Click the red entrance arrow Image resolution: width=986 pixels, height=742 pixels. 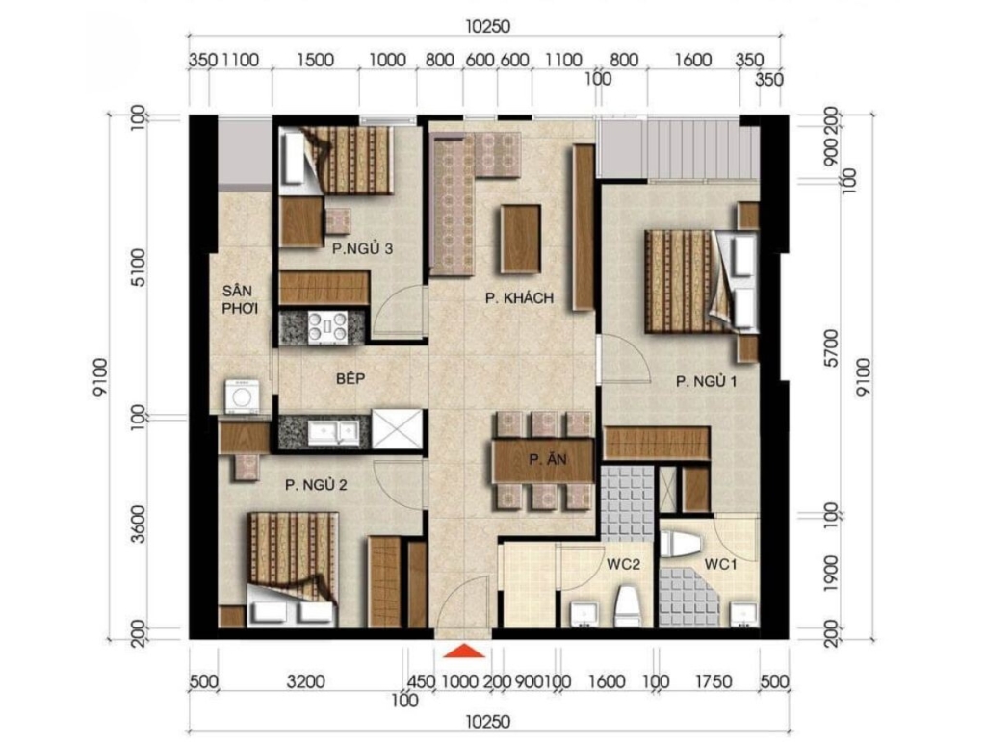(x=464, y=651)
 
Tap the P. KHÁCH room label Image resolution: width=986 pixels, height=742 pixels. (x=519, y=297)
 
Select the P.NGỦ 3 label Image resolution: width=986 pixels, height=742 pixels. (x=363, y=249)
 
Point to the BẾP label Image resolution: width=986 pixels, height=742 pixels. (x=350, y=378)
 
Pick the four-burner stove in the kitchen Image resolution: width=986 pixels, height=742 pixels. (x=327, y=328)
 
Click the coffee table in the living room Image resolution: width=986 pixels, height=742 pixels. (x=521, y=240)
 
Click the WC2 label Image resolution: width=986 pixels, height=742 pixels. (x=623, y=564)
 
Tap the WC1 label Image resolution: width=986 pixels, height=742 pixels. (x=720, y=564)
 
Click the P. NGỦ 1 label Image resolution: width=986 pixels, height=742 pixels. (x=706, y=381)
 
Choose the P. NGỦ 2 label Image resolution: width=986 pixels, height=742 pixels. (x=316, y=485)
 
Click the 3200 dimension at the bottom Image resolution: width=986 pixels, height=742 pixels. (x=305, y=681)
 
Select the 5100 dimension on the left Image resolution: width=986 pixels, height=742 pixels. (x=139, y=268)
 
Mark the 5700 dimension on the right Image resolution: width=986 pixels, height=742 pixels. (x=831, y=348)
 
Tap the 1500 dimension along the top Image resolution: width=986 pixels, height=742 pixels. (x=315, y=60)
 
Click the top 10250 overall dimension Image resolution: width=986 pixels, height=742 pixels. (x=488, y=27)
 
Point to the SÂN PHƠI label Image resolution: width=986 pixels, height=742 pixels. (x=240, y=299)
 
